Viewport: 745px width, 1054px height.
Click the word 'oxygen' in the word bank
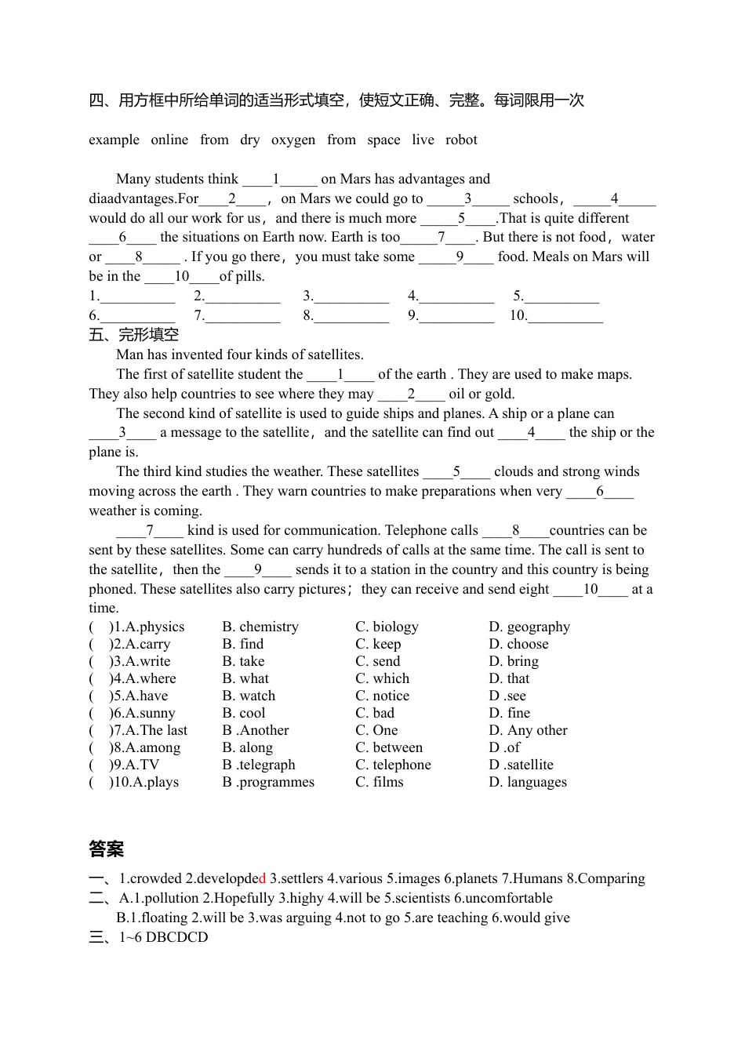pos(293,140)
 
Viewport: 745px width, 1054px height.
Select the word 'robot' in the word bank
pos(461,140)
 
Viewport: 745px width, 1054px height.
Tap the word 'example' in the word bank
pos(114,140)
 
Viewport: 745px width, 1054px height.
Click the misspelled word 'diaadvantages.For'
pos(144,198)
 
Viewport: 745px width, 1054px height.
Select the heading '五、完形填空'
pos(133,335)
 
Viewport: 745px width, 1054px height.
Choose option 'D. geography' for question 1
pos(529,627)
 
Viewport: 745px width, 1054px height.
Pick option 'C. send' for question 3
pos(378,661)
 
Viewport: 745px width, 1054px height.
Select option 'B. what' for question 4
pos(245,678)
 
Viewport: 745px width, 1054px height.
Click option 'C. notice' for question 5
pos(383,696)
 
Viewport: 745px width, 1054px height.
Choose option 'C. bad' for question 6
pos(375,713)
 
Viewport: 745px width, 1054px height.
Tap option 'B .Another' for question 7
pos(256,730)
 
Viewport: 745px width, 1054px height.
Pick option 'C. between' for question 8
pos(389,747)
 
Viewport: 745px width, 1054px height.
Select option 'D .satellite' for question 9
pos(521,765)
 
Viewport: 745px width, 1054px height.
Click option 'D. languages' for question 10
pos(528,782)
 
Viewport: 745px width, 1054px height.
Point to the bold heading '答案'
pos(107,849)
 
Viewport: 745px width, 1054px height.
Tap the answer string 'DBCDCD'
pos(177,937)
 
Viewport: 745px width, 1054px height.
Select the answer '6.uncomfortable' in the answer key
pos(503,898)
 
